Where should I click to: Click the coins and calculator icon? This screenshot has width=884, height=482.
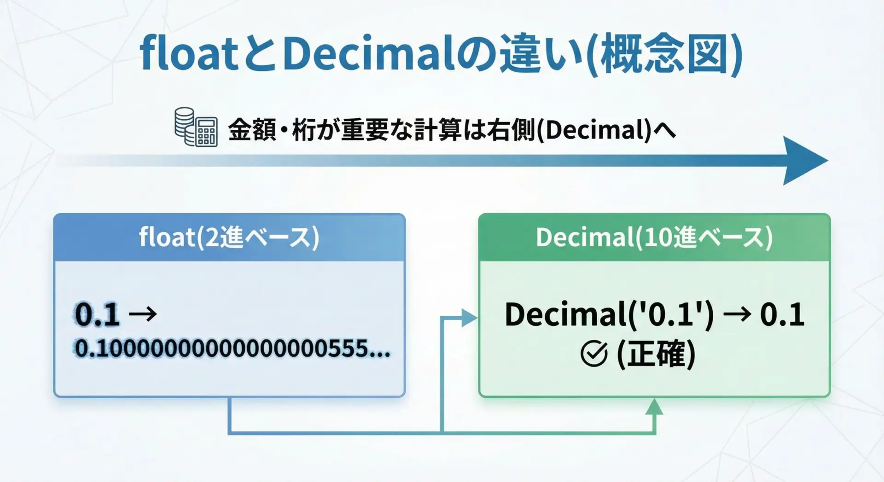[x=196, y=127]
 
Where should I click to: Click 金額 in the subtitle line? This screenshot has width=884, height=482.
[x=251, y=129]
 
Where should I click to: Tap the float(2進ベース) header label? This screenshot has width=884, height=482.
[x=229, y=238]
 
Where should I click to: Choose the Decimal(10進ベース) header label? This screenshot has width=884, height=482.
[x=654, y=238]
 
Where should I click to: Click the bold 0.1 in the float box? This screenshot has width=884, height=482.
[x=97, y=315]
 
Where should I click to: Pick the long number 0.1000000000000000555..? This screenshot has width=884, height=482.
[x=233, y=348]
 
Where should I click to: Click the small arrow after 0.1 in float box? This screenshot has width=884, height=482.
[x=143, y=315]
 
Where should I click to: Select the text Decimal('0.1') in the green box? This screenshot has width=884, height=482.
[x=609, y=315]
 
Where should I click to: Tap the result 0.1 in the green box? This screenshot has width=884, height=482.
[x=782, y=315]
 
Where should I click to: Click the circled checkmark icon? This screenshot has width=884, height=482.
[x=594, y=354]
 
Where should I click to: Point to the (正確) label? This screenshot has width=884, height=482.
[x=656, y=354]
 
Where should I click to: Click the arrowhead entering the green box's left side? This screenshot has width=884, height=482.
[x=469, y=318]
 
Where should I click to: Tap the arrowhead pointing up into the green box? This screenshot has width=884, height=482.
[x=654, y=407]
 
